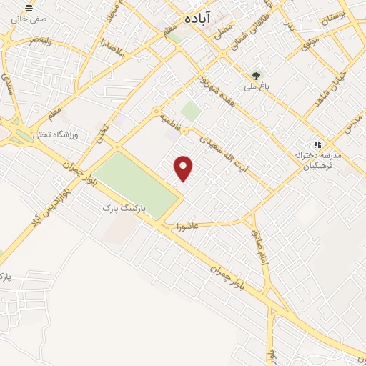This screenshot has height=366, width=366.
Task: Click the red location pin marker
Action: (x=184, y=167)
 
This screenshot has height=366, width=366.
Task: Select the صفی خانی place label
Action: (x=27, y=19)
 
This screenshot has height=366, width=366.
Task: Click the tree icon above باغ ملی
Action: (x=256, y=74)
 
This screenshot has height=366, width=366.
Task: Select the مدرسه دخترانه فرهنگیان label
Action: (x=318, y=159)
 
